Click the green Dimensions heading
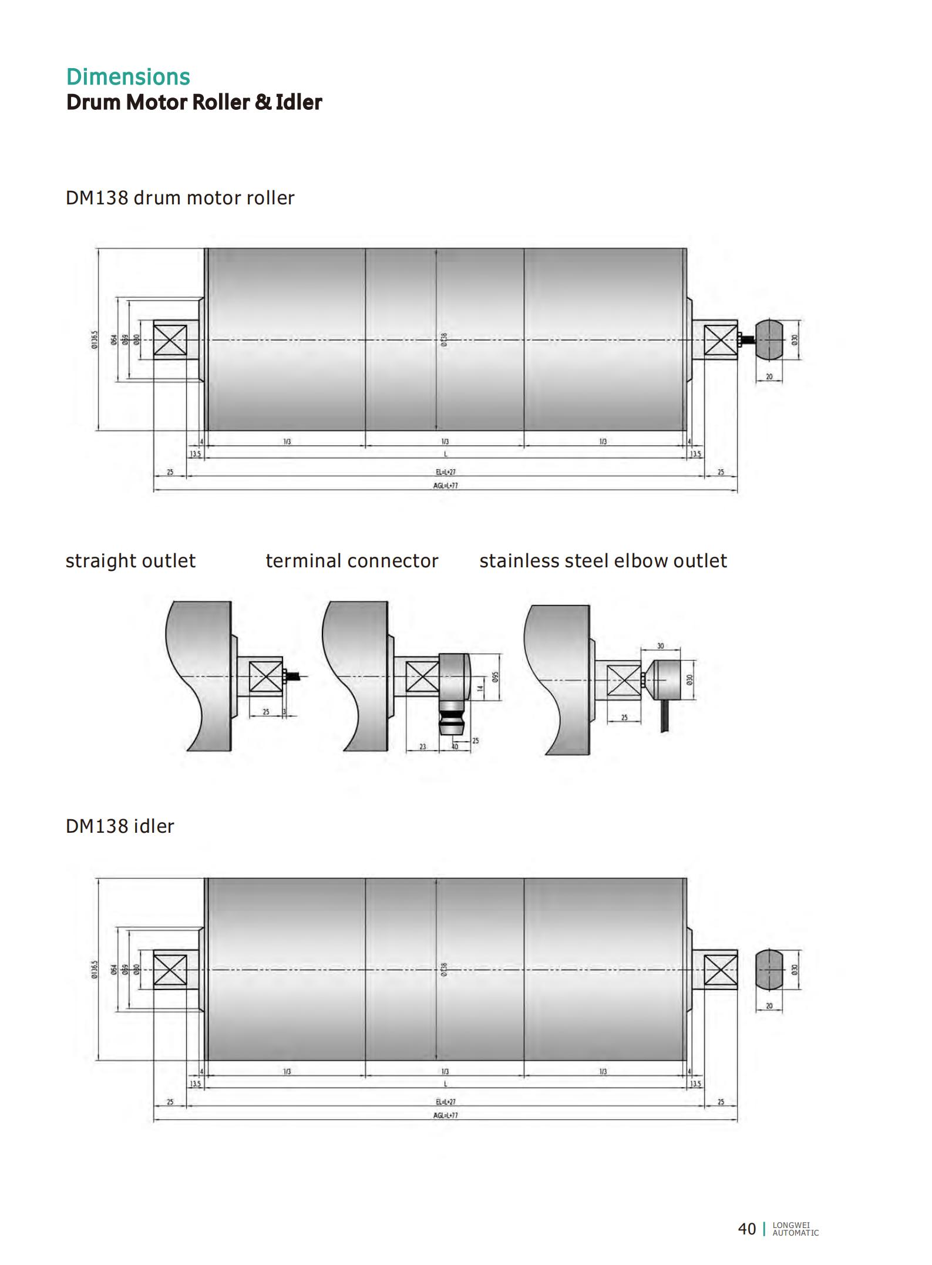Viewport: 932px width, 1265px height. (128, 77)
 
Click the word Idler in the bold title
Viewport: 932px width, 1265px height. (299, 102)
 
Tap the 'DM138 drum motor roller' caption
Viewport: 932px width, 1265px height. (180, 198)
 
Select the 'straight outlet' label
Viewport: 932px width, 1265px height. (130, 561)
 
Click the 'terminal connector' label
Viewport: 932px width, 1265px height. (351, 561)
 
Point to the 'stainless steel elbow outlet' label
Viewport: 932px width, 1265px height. (603, 561)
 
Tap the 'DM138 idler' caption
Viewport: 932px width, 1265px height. (120, 826)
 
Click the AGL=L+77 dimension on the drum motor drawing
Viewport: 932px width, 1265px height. (445, 486)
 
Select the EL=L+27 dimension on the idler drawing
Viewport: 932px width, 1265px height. (445, 1102)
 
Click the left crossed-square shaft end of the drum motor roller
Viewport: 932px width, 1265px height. (170, 341)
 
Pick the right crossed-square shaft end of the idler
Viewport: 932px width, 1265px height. (721, 970)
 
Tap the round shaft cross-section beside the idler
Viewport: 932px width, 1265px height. (769, 969)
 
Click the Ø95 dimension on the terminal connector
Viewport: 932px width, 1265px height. (496, 677)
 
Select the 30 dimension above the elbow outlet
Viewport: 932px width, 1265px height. (660, 646)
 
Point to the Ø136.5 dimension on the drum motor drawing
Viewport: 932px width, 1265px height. (94, 339)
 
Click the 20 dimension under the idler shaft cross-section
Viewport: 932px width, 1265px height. (769, 1006)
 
